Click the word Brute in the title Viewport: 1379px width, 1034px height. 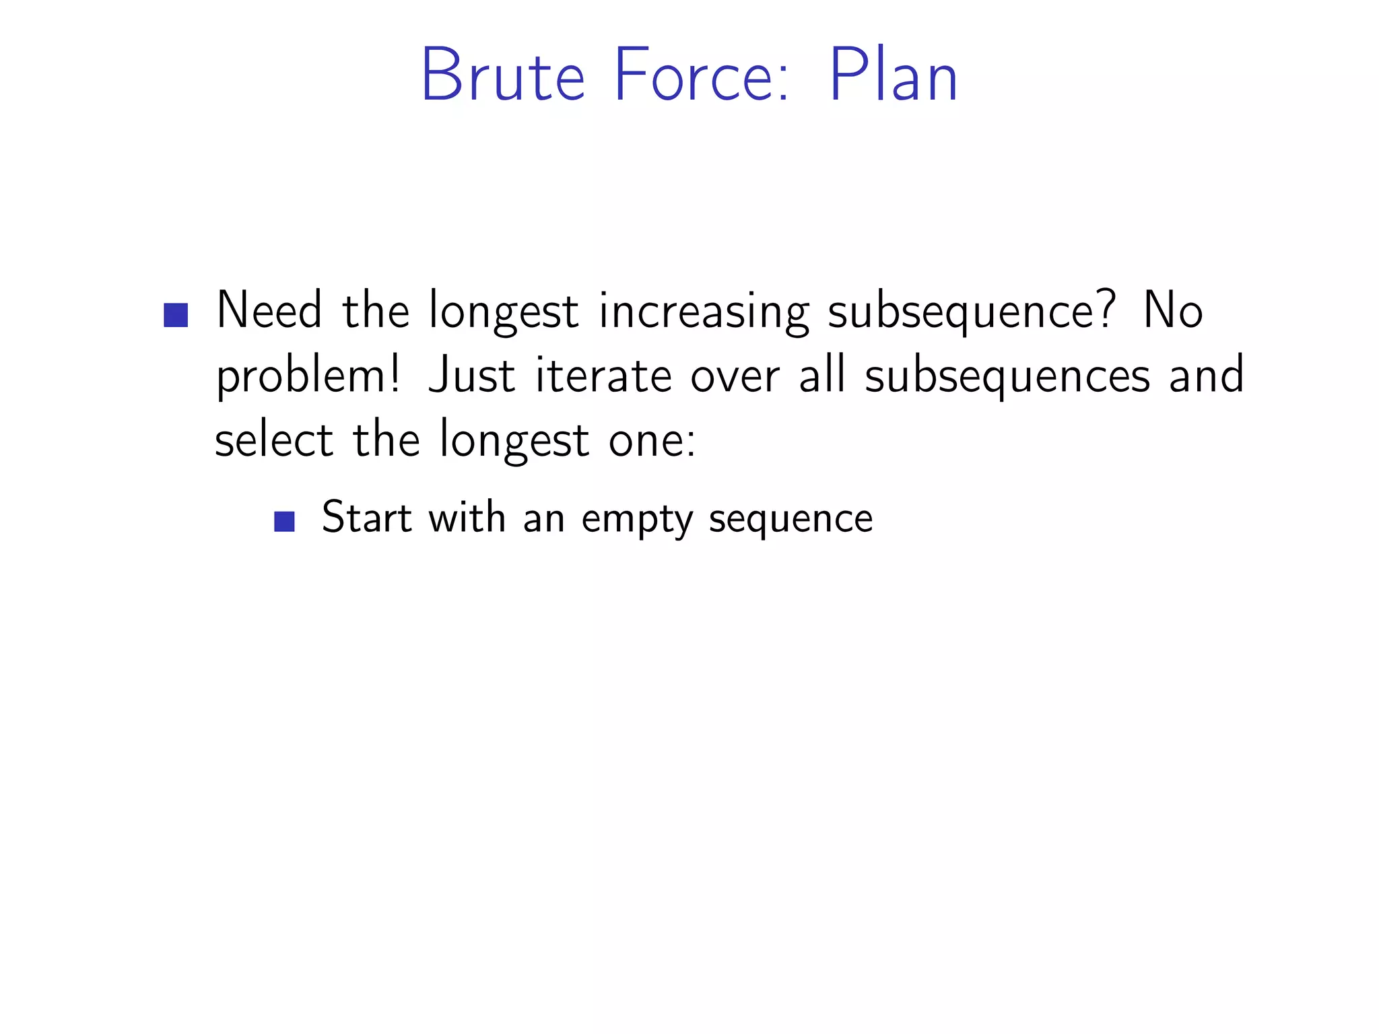click(502, 75)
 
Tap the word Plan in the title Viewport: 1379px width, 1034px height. click(893, 75)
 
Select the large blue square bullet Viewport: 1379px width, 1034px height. click(176, 315)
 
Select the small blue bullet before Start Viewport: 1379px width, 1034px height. click(285, 522)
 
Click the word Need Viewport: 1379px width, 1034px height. click(269, 311)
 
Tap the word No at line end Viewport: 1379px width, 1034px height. click(1172, 311)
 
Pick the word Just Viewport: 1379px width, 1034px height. click(472, 376)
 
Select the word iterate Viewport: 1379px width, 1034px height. click(603, 376)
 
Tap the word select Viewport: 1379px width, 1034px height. click(274, 440)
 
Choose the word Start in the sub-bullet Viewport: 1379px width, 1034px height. click(366, 518)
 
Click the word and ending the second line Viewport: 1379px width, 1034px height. click(1206, 376)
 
